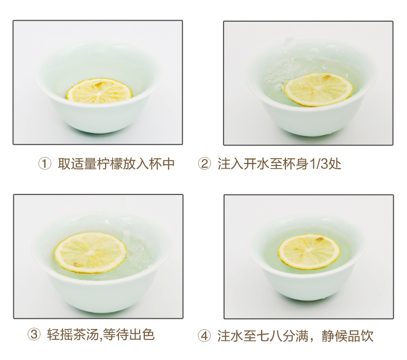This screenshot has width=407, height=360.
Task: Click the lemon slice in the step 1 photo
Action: (x=99, y=91)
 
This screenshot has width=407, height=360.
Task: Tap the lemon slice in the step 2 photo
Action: (x=319, y=89)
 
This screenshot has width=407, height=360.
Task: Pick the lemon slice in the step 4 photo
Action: (x=309, y=251)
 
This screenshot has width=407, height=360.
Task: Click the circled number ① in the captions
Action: (x=45, y=165)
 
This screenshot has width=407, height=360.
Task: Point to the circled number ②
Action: (x=205, y=165)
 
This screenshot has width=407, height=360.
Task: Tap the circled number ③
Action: (x=34, y=335)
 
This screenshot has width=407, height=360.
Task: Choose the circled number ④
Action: (x=205, y=336)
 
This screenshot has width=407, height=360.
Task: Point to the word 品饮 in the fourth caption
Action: (x=360, y=336)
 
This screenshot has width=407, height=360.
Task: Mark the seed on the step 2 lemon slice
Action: (x=327, y=77)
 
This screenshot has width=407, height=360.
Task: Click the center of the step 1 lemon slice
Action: (x=99, y=92)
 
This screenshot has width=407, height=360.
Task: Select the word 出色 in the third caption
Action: (x=142, y=334)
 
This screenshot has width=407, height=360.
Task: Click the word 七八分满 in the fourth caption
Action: (x=282, y=336)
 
